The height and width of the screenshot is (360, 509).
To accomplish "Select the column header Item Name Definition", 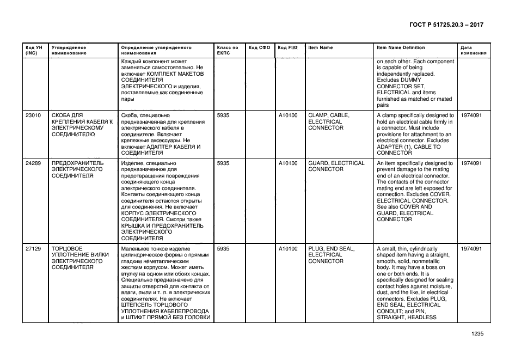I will pos(401,48).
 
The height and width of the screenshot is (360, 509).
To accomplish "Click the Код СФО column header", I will pos(259,48).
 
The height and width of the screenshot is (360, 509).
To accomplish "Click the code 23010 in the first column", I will pos(33,115).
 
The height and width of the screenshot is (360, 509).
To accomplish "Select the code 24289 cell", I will pos(33,163).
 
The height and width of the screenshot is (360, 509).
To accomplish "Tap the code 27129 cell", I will pos(33,249).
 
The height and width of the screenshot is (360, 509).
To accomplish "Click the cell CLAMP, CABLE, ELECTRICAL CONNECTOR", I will pos(329,121).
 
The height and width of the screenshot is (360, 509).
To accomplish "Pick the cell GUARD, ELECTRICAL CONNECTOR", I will pos(336,166).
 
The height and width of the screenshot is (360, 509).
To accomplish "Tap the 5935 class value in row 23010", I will pos(223,115).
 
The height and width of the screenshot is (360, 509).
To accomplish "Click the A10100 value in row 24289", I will pos(288,163).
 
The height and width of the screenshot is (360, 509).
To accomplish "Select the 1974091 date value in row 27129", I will pos(471,249).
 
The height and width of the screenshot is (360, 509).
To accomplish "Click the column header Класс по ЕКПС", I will pos(228,51).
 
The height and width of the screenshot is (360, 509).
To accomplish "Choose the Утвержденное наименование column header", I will pos(69,51).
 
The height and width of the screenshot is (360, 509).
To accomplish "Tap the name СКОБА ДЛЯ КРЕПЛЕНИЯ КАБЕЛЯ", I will pos(82,125).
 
